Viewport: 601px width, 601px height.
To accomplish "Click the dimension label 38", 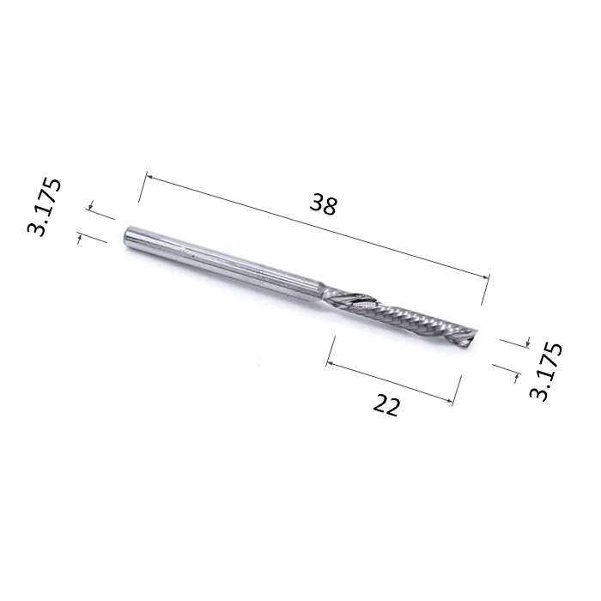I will (325, 204).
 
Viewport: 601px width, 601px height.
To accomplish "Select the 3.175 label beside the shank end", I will (45, 207).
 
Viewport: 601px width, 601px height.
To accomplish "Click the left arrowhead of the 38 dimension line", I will (148, 177).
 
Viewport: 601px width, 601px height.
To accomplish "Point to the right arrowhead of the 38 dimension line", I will (487, 276).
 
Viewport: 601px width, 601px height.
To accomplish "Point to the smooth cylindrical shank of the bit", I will (223, 262).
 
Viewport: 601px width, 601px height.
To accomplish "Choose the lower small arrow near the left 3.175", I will (81, 239).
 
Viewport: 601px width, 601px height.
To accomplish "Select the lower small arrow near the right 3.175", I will (514, 374).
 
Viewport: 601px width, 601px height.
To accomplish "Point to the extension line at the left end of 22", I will (330, 352).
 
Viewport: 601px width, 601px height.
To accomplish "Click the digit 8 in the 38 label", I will (331, 206).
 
